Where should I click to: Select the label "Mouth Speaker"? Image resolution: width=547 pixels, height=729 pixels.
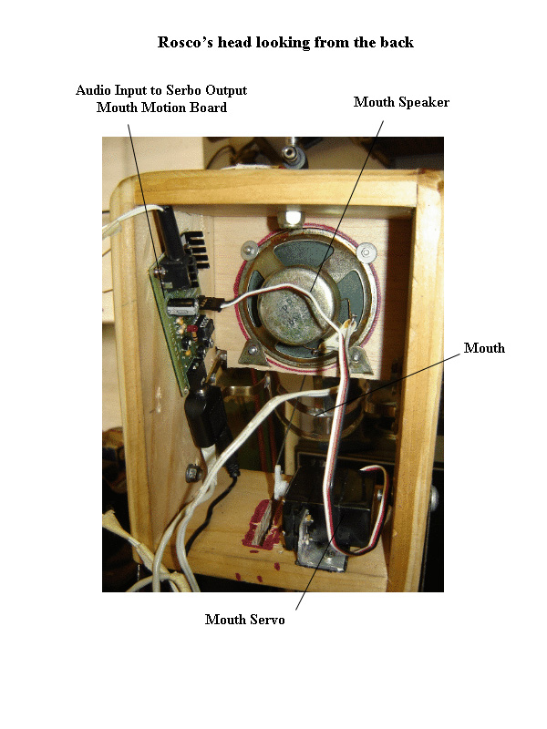coord(401,102)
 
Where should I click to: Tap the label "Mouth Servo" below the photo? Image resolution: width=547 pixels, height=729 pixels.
coord(244,620)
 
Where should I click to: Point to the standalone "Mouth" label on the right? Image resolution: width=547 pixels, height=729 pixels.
coord(484,348)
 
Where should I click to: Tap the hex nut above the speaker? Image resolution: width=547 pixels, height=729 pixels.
coord(293,217)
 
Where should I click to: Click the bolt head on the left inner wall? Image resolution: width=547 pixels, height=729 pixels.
coord(192,472)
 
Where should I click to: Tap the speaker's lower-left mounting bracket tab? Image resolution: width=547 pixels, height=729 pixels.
coord(245,355)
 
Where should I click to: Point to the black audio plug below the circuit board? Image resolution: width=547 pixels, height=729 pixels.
coord(200,416)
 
